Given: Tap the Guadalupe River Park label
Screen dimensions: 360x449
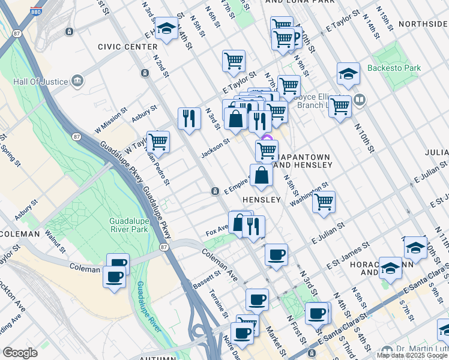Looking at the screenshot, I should (129, 225).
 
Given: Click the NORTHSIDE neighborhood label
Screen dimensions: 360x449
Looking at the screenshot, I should (425, 24).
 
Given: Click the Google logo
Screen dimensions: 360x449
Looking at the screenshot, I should (20, 353).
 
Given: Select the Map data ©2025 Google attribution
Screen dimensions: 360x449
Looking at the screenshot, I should (411, 355).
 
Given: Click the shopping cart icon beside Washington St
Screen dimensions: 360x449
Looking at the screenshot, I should (324, 202).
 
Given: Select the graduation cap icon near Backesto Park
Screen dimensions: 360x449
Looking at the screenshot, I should (348, 74).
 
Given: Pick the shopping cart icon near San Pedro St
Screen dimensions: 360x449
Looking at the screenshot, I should (158, 142).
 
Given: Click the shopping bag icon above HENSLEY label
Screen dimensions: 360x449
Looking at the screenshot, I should (262, 175).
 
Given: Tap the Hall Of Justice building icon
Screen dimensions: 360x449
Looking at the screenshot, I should (77, 80).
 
